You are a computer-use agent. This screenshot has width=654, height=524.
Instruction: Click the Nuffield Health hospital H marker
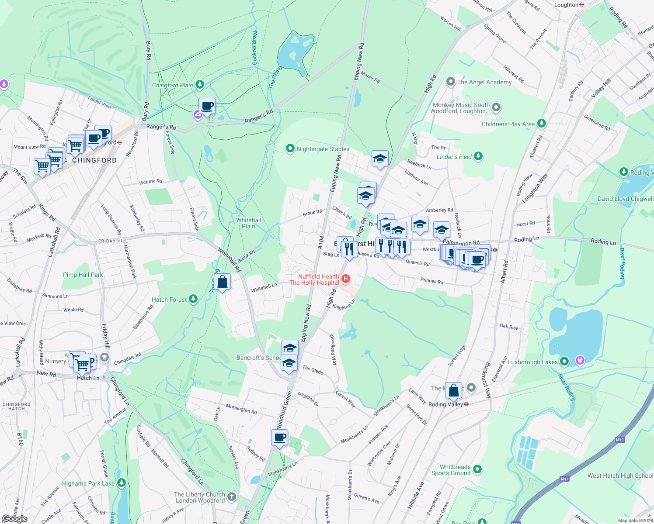click(x=346, y=279)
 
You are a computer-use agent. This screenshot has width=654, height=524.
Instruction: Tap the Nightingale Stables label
click(x=323, y=149)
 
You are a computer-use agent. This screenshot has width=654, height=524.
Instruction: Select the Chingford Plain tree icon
click(x=200, y=84)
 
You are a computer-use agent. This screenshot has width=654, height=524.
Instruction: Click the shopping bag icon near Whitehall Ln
click(x=223, y=283)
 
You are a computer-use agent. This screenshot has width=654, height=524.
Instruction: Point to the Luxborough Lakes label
click(x=532, y=362)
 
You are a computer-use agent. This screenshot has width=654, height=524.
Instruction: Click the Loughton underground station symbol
click(x=581, y=5)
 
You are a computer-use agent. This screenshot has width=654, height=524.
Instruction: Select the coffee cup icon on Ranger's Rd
click(x=207, y=106)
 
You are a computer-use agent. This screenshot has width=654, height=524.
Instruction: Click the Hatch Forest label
click(x=169, y=300)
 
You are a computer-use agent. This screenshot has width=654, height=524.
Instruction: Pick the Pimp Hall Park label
click(x=83, y=275)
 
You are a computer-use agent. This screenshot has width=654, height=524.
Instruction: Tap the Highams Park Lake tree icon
click(x=122, y=483)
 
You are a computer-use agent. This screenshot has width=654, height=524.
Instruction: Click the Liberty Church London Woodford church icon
click(x=232, y=496)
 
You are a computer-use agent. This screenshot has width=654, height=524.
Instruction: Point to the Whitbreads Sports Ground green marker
click(x=477, y=469)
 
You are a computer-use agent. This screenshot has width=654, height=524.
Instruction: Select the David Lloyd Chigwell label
click(x=625, y=199)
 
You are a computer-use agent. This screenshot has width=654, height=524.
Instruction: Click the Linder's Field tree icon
click(x=478, y=156)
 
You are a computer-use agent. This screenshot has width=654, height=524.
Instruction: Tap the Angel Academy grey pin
click(x=450, y=82)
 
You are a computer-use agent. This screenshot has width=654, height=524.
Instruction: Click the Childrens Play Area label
click(x=508, y=124)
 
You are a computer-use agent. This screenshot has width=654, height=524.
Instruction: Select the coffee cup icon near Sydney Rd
click(x=280, y=437)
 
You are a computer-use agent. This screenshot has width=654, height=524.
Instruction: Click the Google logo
click(x=14, y=519)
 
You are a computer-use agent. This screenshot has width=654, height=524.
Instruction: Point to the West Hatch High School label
click(x=620, y=476)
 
